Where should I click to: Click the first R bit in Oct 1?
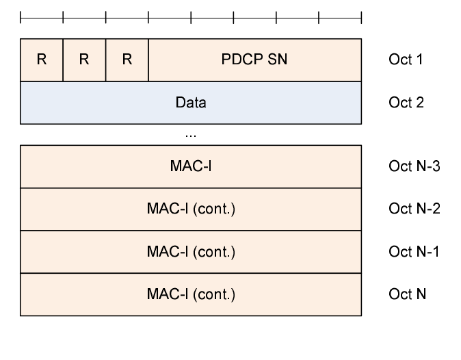click(42, 60)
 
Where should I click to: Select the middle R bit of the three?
click(84, 60)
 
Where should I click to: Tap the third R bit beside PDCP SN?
click(127, 60)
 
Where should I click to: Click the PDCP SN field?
click(254, 60)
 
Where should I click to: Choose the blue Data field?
click(191, 103)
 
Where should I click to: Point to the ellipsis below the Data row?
click(191, 136)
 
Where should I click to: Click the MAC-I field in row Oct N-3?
click(191, 166)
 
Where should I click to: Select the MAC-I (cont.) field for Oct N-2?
click(191, 209)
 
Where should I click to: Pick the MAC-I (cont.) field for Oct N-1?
click(191, 252)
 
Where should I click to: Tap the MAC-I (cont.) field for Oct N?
click(191, 294)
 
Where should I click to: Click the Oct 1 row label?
click(406, 60)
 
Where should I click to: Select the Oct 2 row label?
click(406, 103)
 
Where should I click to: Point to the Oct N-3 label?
click(413, 166)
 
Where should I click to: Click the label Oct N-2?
click(413, 209)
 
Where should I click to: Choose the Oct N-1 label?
click(413, 252)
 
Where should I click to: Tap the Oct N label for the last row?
click(407, 294)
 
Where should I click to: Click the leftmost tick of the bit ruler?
click(21, 16)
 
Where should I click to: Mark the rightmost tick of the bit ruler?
click(361, 16)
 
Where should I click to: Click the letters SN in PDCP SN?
click(279, 60)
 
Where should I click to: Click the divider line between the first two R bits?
click(63, 60)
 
